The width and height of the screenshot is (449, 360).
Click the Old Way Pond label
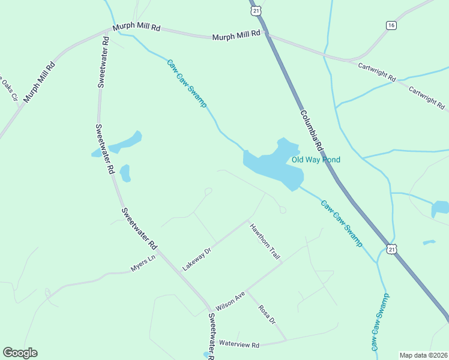pos(316,160)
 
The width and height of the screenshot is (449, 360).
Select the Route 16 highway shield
pos(391,25)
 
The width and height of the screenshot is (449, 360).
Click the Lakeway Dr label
pos(197,257)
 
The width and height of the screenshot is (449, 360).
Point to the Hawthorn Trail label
pos(265,241)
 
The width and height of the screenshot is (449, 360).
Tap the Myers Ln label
pos(143,263)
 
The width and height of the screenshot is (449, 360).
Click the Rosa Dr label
pos(267,314)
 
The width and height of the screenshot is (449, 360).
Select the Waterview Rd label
pos(239,344)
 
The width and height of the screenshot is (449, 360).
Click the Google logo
pos(20,353)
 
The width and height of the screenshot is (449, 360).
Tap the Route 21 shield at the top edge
pos(256,10)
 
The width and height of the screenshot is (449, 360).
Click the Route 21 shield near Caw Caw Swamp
pos(392,249)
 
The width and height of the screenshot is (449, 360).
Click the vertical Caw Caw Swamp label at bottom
pos(380,322)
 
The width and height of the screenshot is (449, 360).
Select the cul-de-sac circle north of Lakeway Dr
pos(208,191)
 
